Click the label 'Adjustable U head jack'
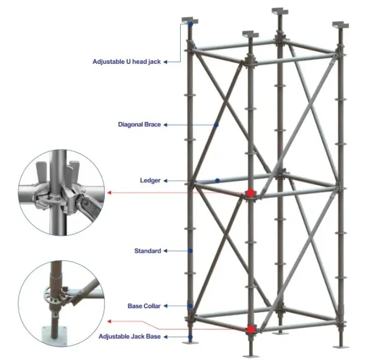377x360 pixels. click(127, 61)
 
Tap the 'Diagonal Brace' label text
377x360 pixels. click(139, 124)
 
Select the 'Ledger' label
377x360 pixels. click(150, 181)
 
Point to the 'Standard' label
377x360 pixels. click(147, 251)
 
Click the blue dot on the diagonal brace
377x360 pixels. click(216, 125)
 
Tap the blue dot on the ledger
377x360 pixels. click(218, 181)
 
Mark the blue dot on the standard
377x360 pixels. click(191, 251)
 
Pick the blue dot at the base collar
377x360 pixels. click(191, 306)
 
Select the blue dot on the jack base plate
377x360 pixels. click(191, 337)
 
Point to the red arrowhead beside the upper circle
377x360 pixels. click(109, 193)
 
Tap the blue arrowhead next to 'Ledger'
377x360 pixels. click(165, 181)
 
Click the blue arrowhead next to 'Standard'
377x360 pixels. click(165, 251)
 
